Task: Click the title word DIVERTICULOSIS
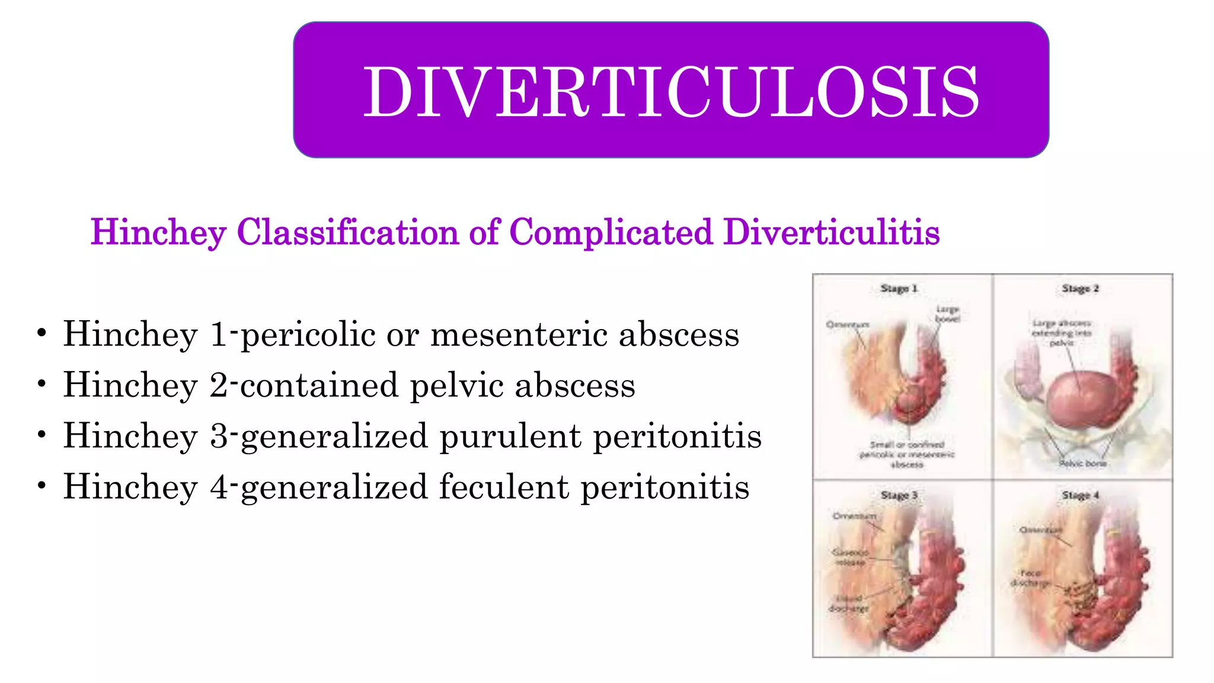[x=670, y=92]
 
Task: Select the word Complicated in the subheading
[x=611, y=232]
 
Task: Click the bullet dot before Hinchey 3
[x=41, y=435]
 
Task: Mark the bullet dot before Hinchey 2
[x=41, y=384]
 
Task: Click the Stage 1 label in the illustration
[x=899, y=289]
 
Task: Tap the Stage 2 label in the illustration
[x=1080, y=289]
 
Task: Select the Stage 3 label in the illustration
[x=899, y=495]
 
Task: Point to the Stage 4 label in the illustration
[x=1080, y=495]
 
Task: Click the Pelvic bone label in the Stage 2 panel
[x=1083, y=463]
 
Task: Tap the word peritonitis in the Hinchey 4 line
[x=664, y=487]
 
